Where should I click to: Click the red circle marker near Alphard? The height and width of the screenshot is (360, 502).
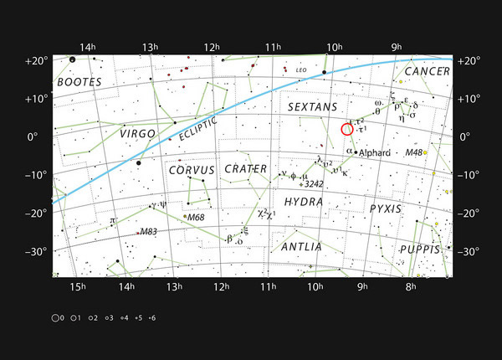(x=348, y=129)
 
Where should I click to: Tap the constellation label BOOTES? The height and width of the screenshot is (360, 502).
(x=79, y=82)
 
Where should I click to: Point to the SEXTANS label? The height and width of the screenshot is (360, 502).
(x=311, y=108)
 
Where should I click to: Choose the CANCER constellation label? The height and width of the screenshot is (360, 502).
(x=428, y=72)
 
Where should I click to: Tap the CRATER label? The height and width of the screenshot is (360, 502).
(x=246, y=169)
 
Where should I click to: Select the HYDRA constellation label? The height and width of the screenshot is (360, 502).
(x=303, y=202)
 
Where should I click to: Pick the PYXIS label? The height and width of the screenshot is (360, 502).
(x=387, y=208)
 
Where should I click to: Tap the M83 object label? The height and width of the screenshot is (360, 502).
(x=148, y=231)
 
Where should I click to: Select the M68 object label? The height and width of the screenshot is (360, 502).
(x=196, y=217)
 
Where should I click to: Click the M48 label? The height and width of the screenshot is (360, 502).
(x=414, y=152)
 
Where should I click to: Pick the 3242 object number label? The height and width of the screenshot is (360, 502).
(x=314, y=183)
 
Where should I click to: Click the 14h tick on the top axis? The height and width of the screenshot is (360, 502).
(x=83, y=47)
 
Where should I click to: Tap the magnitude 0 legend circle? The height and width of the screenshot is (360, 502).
(x=55, y=318)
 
